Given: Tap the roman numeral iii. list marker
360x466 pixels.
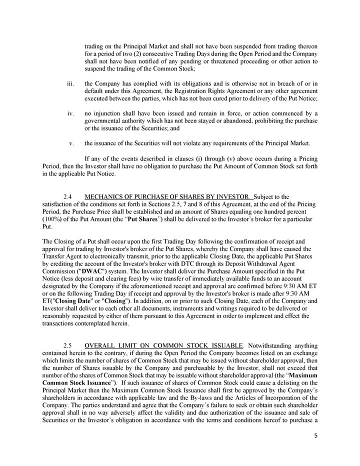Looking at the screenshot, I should coord(70,82).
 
